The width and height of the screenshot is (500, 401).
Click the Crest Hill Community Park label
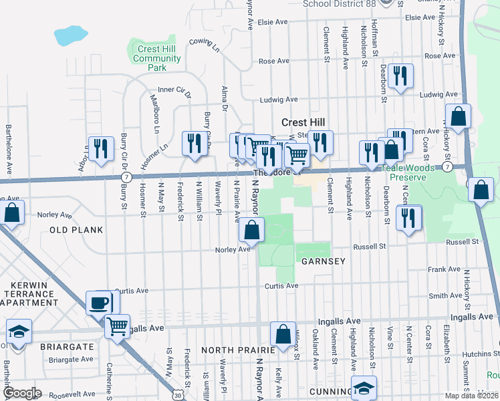(157, 58)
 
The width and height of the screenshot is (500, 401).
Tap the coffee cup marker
(99, 303)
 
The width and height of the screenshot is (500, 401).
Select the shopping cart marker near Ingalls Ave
(118, 327)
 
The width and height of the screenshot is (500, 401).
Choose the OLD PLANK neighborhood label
(76, 230)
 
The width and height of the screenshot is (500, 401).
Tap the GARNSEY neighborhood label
(323, 261)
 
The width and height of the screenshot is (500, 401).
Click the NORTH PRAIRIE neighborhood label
(238, 350)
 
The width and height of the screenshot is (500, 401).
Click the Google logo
(23, 393)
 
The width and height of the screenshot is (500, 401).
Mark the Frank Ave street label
(445, 269)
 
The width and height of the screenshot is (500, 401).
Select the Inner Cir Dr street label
(174, 90)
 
